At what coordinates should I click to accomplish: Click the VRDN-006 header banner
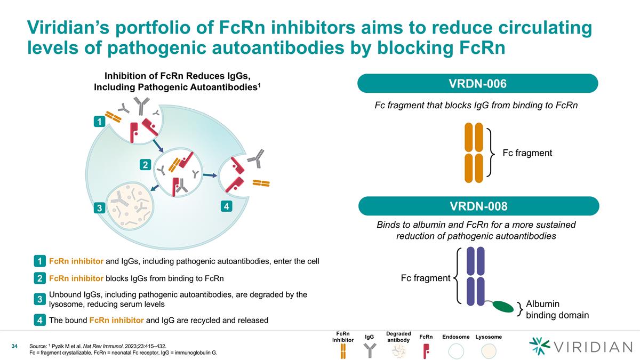[x=478, y=83]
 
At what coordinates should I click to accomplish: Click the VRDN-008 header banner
[x=478, y=206]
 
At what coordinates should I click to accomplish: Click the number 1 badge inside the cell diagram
[x=98, y=122]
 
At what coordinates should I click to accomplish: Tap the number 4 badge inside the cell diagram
[x=226, y=205]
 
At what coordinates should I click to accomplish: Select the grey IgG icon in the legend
[x=369, y=350]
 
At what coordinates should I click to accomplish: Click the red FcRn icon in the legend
[x=426, y=350]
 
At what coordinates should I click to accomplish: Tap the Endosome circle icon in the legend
[x=456, y=350]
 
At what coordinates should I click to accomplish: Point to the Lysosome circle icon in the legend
[x=489, y=350]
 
